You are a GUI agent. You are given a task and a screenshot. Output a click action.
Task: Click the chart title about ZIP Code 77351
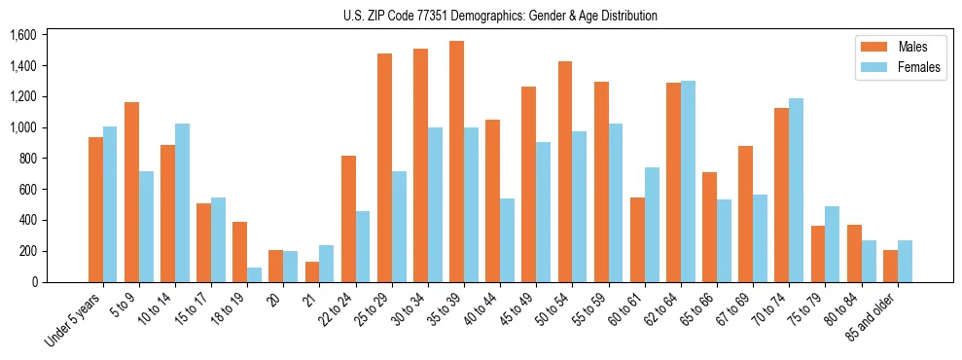pyautogui.click(x=500, y=16)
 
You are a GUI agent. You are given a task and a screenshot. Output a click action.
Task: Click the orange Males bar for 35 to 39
pyautogui.click(x=456, y=162)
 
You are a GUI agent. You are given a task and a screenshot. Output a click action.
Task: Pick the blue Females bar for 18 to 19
pyautogui.click(x=255, y=274)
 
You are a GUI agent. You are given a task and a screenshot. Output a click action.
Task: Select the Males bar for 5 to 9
pyautogui.click(x=132, y=192)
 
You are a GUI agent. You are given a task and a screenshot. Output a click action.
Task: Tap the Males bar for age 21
pyautogui.click(x=312, y=271)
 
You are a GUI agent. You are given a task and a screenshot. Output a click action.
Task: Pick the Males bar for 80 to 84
pyautogui.click(x=853, y=253)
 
